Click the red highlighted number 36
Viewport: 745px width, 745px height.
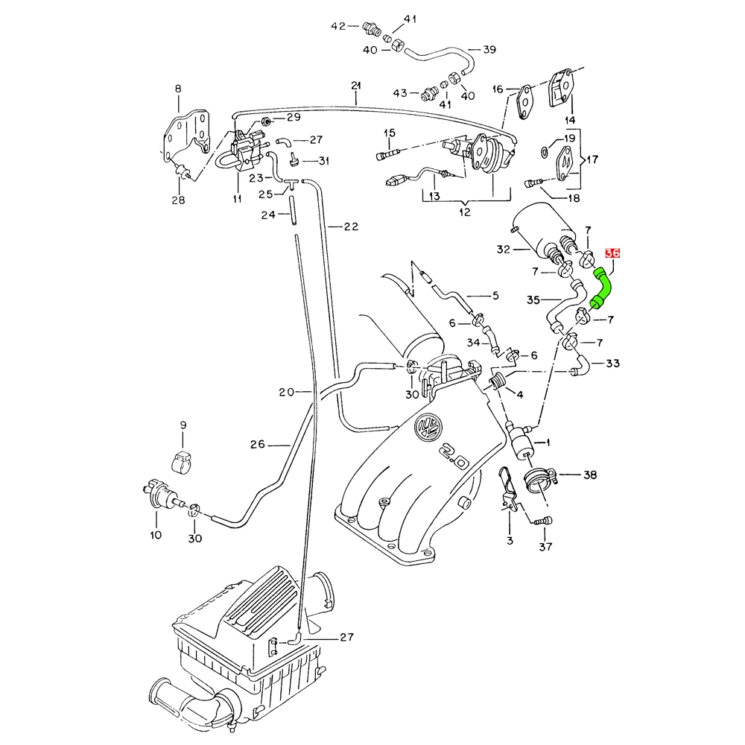pos(612,253)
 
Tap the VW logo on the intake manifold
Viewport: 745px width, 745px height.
pos(428,425)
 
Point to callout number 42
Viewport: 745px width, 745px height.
pos(337,26)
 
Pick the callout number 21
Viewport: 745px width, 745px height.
pos(356,86)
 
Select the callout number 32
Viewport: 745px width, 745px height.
pos(504,250)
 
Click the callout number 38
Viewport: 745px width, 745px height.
pos(590,475)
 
